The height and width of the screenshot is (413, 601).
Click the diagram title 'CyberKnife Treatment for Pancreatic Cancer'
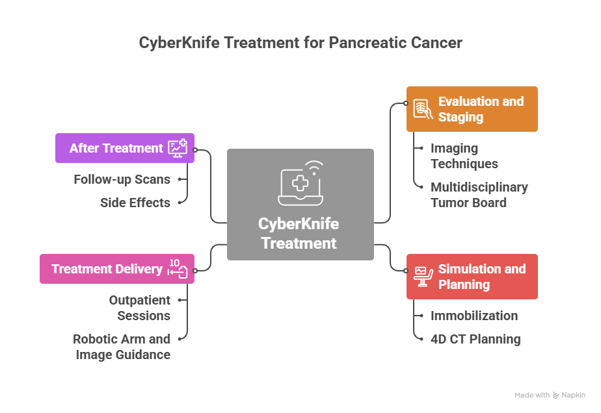[300, 43]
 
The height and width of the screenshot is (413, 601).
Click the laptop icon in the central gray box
[300, 181]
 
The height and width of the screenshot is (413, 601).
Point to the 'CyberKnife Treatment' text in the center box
[299, 234]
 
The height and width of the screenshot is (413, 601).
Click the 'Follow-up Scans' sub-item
[122, 179]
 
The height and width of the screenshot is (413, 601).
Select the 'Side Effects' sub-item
[135, 203]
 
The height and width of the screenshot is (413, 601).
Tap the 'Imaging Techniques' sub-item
[464, 156]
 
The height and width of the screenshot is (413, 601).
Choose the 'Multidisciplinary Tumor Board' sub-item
[479, 195]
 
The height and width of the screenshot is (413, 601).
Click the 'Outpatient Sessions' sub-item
[139, 308]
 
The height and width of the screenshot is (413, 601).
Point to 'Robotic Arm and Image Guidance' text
[122, 347]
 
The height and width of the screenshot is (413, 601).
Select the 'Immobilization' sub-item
[474, 316]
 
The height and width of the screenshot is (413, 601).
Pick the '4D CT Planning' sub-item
[475, 339]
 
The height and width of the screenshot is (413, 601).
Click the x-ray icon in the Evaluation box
[423, 109]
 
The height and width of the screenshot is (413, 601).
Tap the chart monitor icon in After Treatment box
[178, 148]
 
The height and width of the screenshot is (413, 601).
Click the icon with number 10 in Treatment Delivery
[177, 268]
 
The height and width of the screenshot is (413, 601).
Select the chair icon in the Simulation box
[423, 277]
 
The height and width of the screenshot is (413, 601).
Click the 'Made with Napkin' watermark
[550, 395]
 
